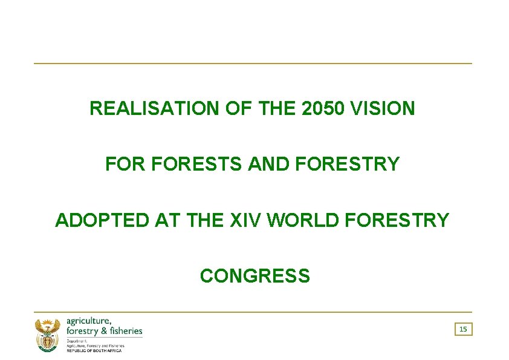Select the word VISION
point(384,109)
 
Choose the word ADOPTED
point(102,221)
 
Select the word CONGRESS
point(254,277)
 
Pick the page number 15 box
point(463,329)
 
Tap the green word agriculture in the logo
point(88,321)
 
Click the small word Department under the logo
point(77,341)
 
